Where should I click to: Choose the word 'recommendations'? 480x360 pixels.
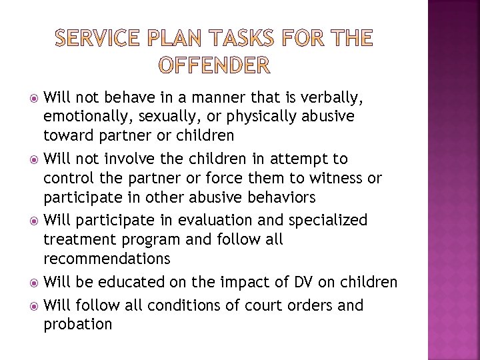coord(107,258)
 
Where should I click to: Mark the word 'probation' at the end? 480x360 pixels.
coord(78,325)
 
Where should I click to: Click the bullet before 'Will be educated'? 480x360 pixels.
coord(33,282)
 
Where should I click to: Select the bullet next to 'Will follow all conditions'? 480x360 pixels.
coord(33,306)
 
